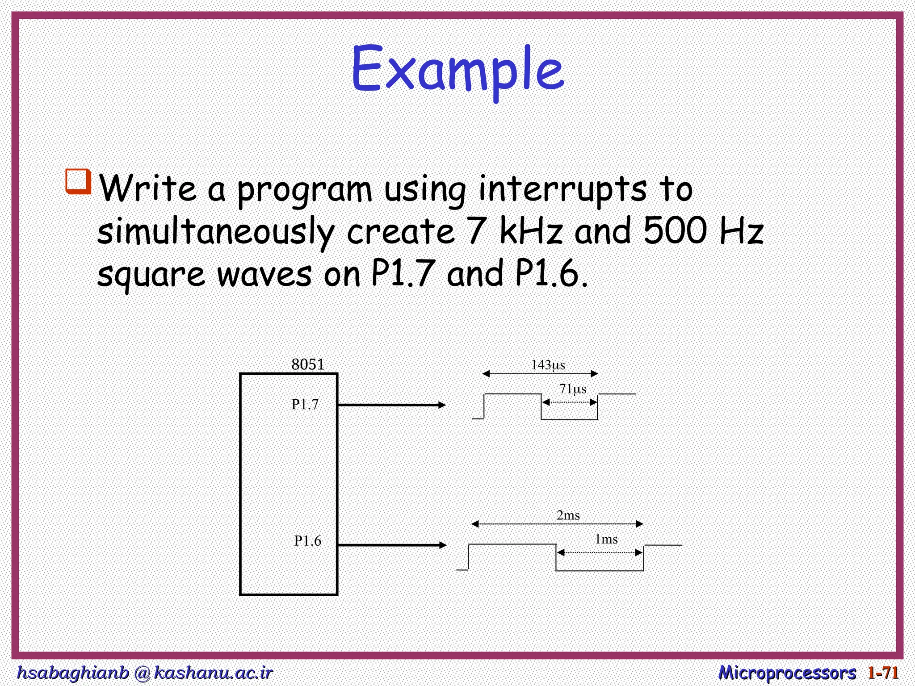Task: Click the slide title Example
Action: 457,71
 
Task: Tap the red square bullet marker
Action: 79,181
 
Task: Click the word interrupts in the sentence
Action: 562,189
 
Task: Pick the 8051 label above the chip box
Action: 308,364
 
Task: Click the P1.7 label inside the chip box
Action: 305,405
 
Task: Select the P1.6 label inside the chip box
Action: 307,541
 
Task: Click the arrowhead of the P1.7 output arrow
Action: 442,405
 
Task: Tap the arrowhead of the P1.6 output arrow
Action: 443,545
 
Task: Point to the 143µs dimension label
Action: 548,365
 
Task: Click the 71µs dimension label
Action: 573,389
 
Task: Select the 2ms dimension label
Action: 568,515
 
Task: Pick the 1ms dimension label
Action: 606,540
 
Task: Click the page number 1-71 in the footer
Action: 883,672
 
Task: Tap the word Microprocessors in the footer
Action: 787,672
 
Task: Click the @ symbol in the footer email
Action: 142,673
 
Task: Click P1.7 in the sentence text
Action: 403,273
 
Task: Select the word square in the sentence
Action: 151,275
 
